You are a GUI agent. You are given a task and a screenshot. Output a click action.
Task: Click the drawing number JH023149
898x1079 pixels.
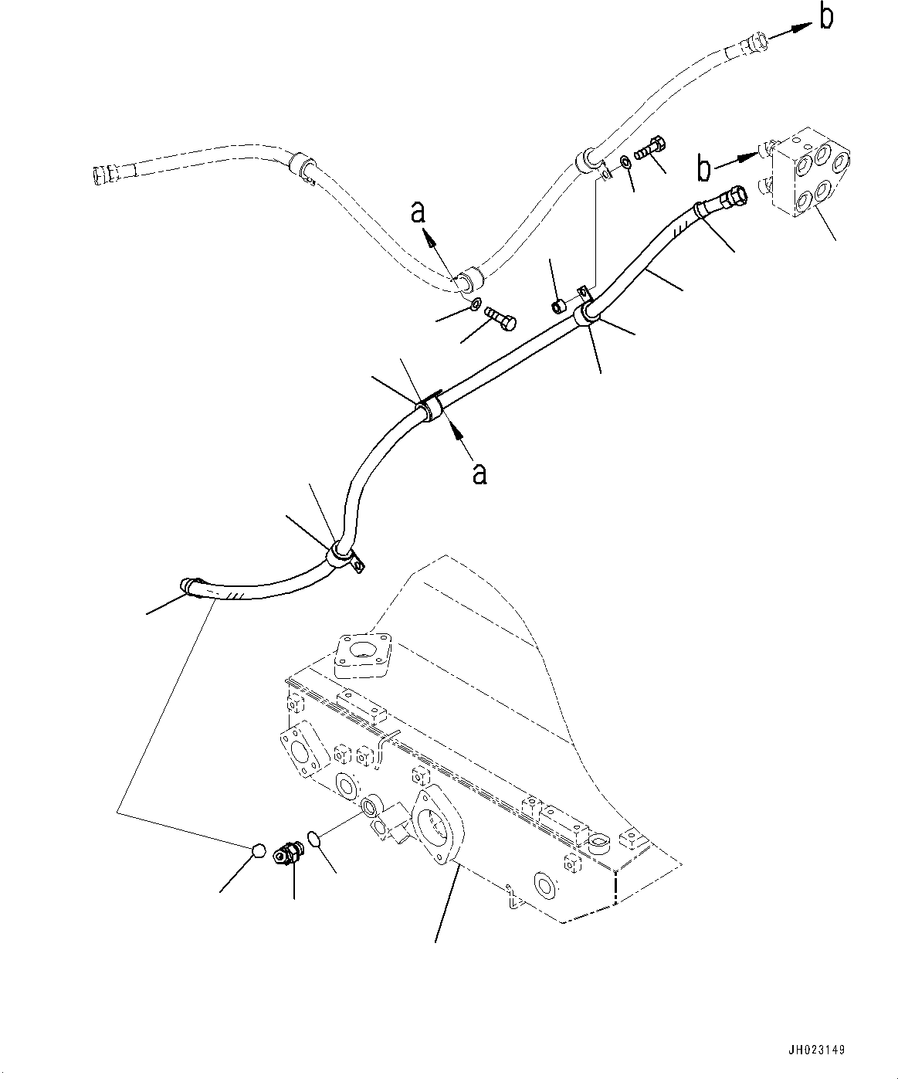coord(816,1050)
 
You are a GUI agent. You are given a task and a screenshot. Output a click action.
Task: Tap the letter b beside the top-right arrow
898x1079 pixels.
coord(825,16)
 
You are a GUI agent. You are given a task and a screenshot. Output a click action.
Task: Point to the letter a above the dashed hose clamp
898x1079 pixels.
coord(419,212)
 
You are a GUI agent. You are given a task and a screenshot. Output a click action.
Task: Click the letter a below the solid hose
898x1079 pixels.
coord(479,473)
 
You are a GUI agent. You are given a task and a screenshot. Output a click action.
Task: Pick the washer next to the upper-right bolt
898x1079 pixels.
coord(624,164)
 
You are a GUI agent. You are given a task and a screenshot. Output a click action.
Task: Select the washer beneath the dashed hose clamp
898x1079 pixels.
coord(476,303)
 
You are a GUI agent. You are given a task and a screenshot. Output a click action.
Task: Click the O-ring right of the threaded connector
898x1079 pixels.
coord(313,838)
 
